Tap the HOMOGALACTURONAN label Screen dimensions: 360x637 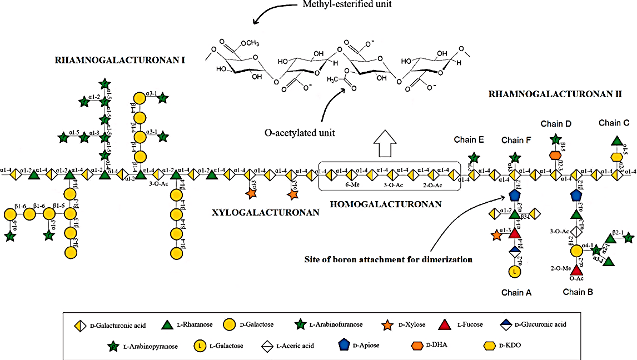(386, 204)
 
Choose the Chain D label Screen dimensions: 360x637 (554, 124)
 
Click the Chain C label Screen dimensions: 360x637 (614, 123)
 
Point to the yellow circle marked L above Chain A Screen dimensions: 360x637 (515, 272)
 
